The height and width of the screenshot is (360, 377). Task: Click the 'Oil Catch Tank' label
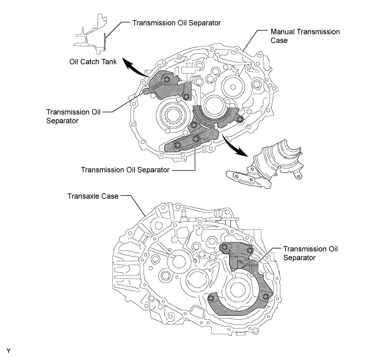(93, 62)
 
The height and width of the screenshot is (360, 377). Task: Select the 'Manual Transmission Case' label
(305, 36)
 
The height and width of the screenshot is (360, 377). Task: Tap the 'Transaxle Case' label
(93, 196)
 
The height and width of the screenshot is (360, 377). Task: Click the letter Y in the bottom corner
(8, 351)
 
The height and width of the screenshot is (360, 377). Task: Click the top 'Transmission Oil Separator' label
(176, 23)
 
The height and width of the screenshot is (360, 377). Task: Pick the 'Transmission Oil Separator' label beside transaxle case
(310, 253)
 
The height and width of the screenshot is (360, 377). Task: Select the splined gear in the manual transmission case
(172, 115)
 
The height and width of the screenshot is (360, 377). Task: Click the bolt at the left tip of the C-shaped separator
(211, 298)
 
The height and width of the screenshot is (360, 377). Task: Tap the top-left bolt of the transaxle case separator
(224, 247)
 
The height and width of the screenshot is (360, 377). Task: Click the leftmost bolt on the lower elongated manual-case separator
(177, 145)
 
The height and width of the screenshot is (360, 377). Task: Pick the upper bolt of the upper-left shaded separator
(166, 79)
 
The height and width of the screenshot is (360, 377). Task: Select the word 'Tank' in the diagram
(109, 62)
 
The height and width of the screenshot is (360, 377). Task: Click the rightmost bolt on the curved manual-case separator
(239, 119)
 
